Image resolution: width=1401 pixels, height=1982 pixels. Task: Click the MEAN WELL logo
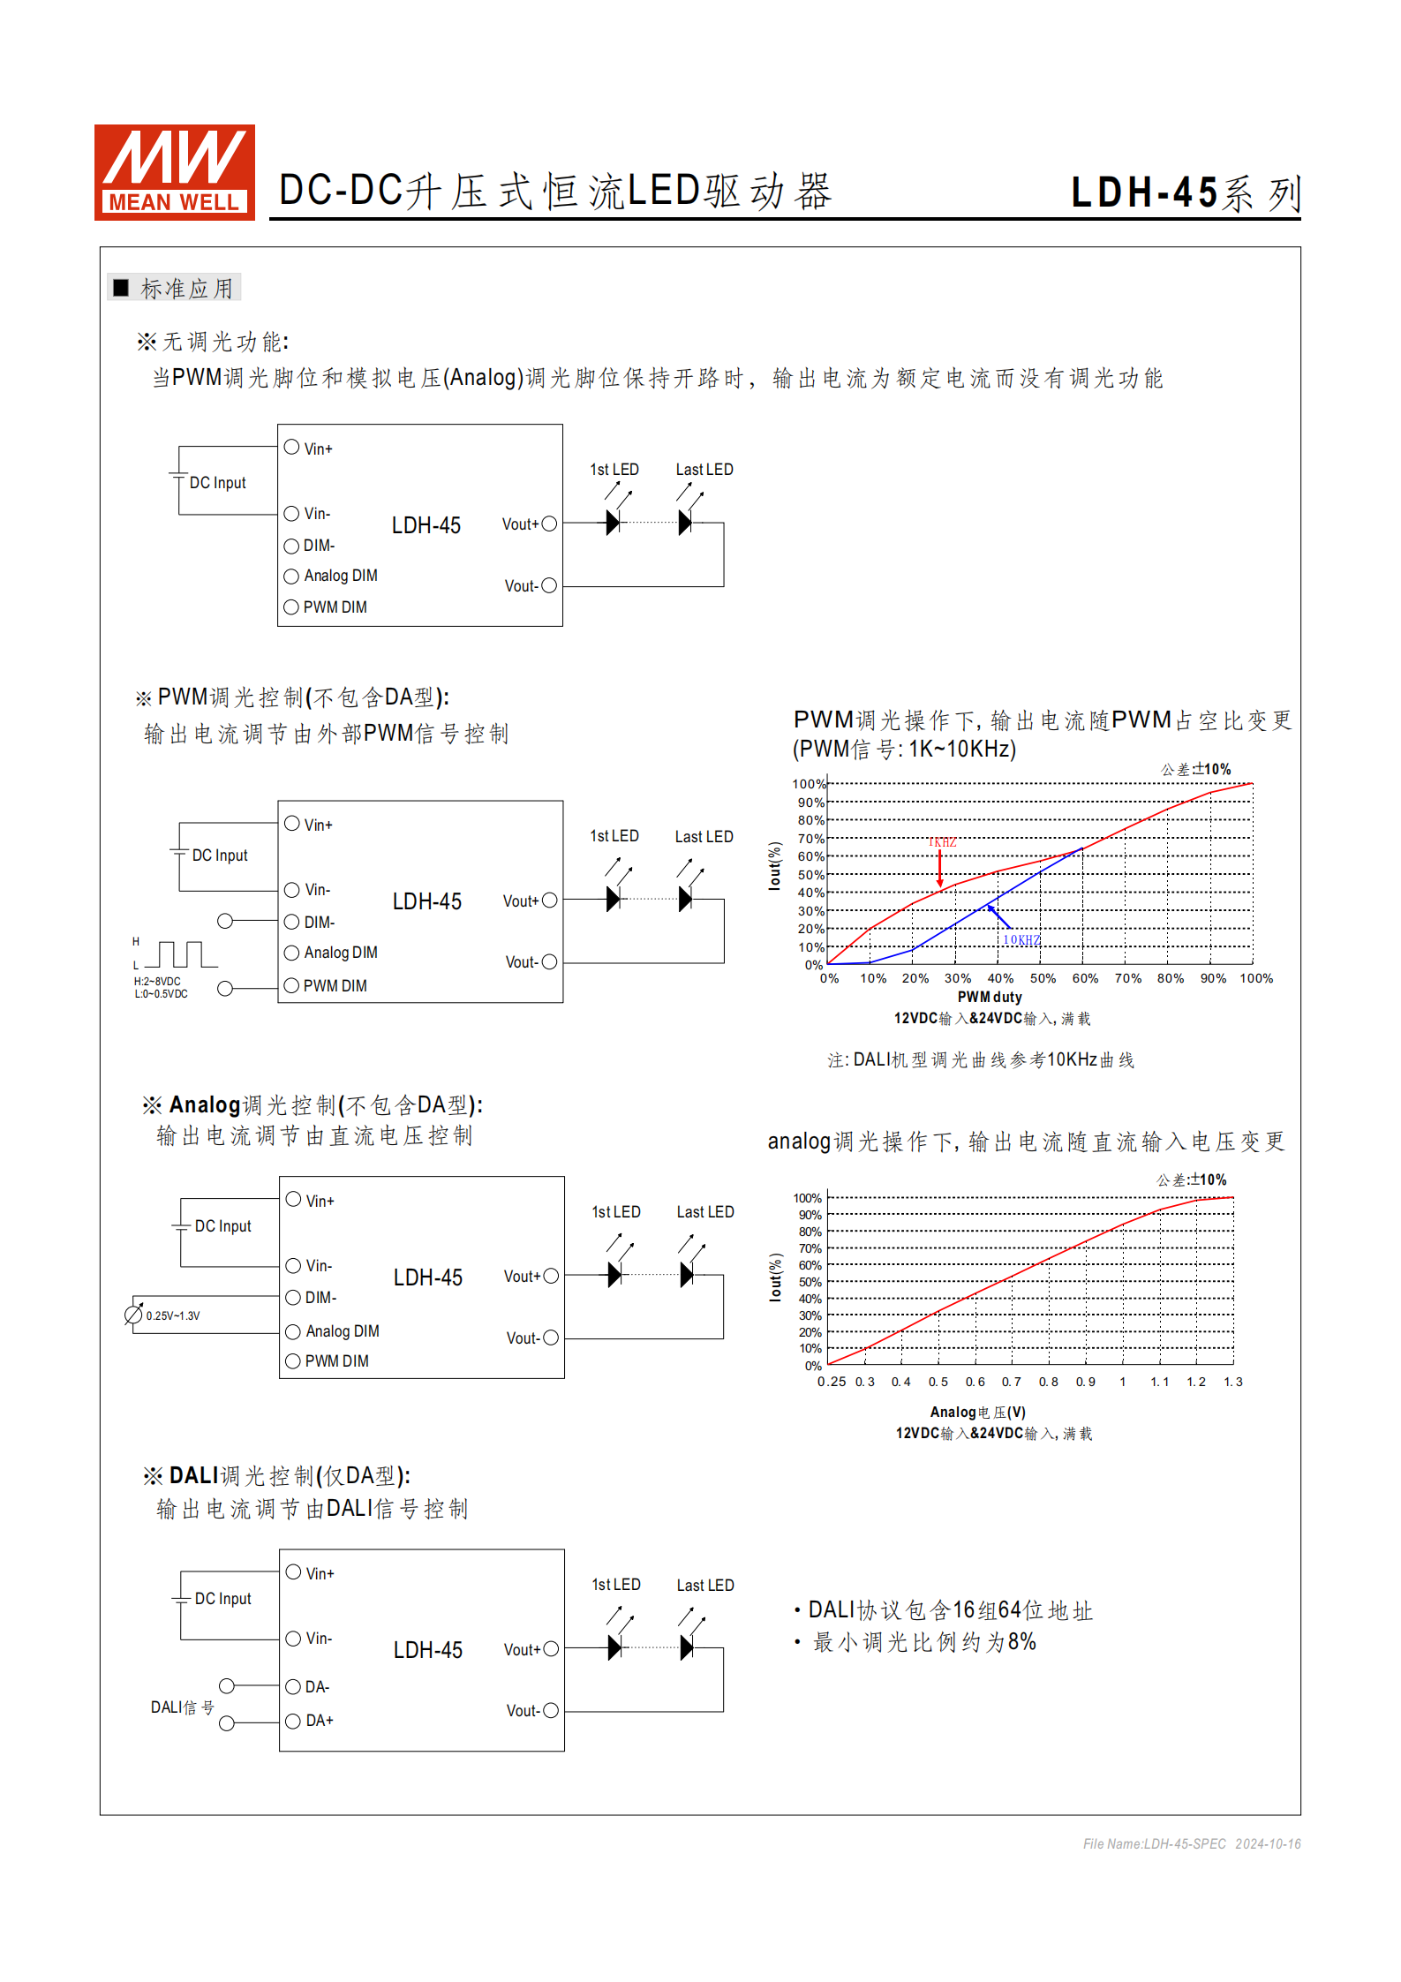[x=174, y=172]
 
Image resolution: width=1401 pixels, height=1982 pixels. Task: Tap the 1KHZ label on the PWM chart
[x=942, y=842]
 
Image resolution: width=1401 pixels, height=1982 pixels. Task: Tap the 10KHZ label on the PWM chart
[x=1021, y=940]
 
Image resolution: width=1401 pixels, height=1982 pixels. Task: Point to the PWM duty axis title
[x=990, y=997]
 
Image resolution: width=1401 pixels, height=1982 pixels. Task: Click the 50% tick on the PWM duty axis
[x=1043, y=978]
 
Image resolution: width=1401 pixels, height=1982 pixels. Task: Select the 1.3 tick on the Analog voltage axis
[x=1232, y=1382]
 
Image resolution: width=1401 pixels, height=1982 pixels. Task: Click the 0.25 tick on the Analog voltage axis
[x=831, y=1382]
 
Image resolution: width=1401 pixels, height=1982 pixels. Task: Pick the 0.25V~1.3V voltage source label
[x=173, y=1315]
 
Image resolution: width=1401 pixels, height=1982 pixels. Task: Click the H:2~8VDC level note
[x=157, y=981]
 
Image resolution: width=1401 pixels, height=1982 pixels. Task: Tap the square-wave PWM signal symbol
[x=181, y=954]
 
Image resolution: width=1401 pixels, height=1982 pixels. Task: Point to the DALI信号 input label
[x=182, y=1707]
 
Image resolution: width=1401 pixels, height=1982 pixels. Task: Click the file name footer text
[x=1191, y=1843]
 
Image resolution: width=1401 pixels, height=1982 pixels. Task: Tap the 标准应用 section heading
[x=186, y=289]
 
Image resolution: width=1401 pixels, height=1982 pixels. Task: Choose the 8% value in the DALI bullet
[x=1021, y=1642]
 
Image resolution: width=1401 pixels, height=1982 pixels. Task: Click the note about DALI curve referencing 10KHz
[x=980, y=1059]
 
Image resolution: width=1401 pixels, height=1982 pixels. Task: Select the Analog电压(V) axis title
[x=977, y=1413]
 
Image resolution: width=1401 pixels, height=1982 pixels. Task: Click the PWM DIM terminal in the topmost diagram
[x=335, y=607]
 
